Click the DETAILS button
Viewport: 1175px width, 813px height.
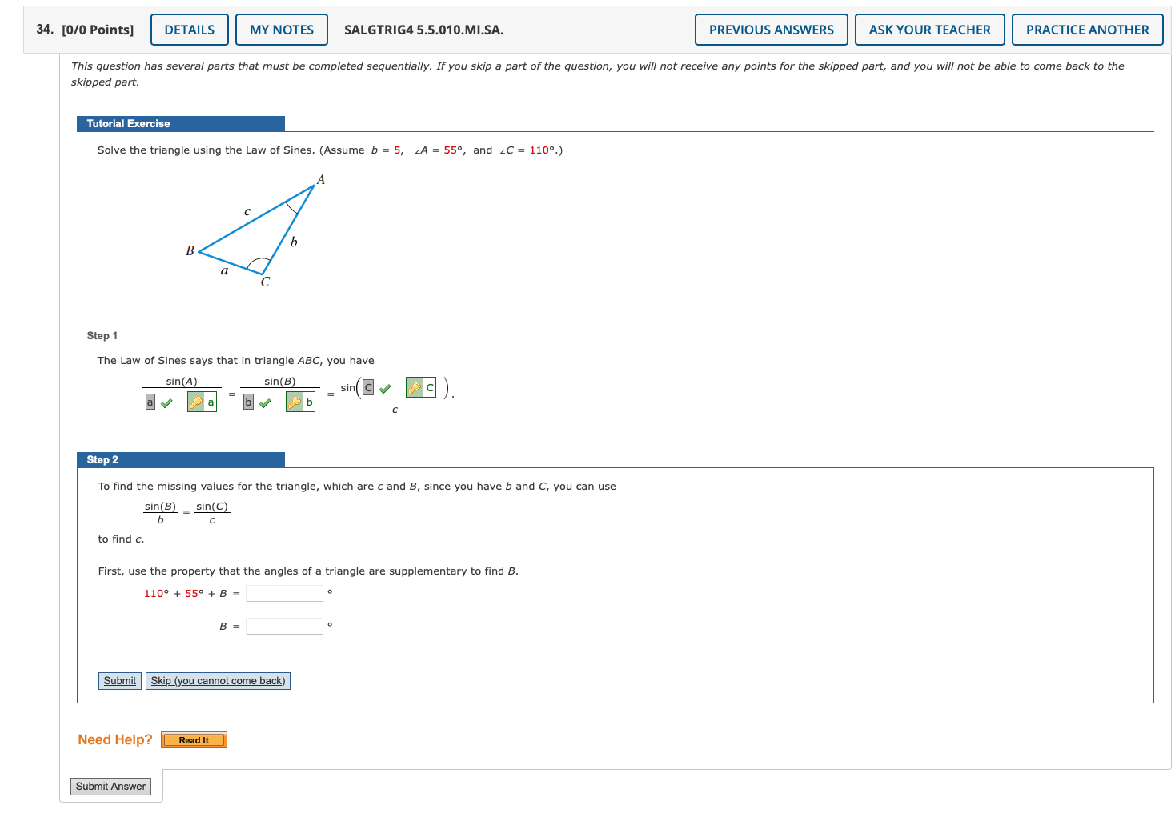pyautogui.click(x=190, y=30)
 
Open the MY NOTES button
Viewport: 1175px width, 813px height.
pyautogui.click(x=282, y=30)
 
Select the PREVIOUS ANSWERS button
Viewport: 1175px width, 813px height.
pyautogui.click(x=771, y=30)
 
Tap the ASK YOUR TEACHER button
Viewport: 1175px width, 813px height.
pyautogui.click(x=929, y=30)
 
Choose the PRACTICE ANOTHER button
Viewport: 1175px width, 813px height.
pyautogui.click(x=1087, y=30)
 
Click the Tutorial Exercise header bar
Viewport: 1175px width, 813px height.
pyautogui.click(x=180, y=124)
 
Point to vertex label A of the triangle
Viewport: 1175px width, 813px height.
pyautogui.click(x=321, y=180)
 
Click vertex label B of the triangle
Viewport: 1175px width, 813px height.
pyautogui.click(x=190, y=250)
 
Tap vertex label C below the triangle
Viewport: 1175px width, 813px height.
pyautogui.click(x=265, y=282)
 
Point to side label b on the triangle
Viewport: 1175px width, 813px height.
pyautogui.click(x=294, y=242)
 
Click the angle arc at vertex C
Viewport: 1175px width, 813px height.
pyautogui.click(x=258, y=262)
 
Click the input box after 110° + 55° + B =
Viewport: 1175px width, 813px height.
pyautogui.click(x=284, y=594)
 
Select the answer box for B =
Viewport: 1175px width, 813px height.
pyautogui.click(x=284, y=627)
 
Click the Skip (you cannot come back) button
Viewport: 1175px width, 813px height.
pyautogui.click(x=218, y=681)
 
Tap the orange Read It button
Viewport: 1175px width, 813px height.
pyautogui.click(x=194, y=740)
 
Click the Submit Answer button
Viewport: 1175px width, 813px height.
pyautogui.click(x=110, y=787)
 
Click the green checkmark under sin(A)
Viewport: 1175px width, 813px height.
pyautogui.click(x=166, y=403)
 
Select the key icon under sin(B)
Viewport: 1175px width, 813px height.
pyautogui.click(x=295, y=402)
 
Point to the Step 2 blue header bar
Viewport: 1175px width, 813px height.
pyautogui.click(x=180, y=460)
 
